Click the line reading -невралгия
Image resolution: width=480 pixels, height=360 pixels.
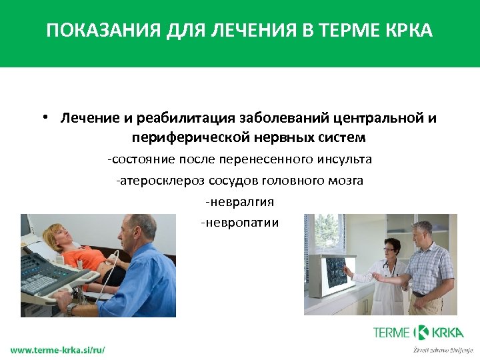click(x=240, y=201)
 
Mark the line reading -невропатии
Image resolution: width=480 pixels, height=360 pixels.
click(x=240, y=222)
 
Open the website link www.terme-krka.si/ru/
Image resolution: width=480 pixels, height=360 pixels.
click(x=57, y=349)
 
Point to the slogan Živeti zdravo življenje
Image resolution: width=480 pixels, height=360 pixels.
click(x=442, y=349)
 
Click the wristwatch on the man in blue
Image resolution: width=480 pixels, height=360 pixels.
click(x=73, y=309)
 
